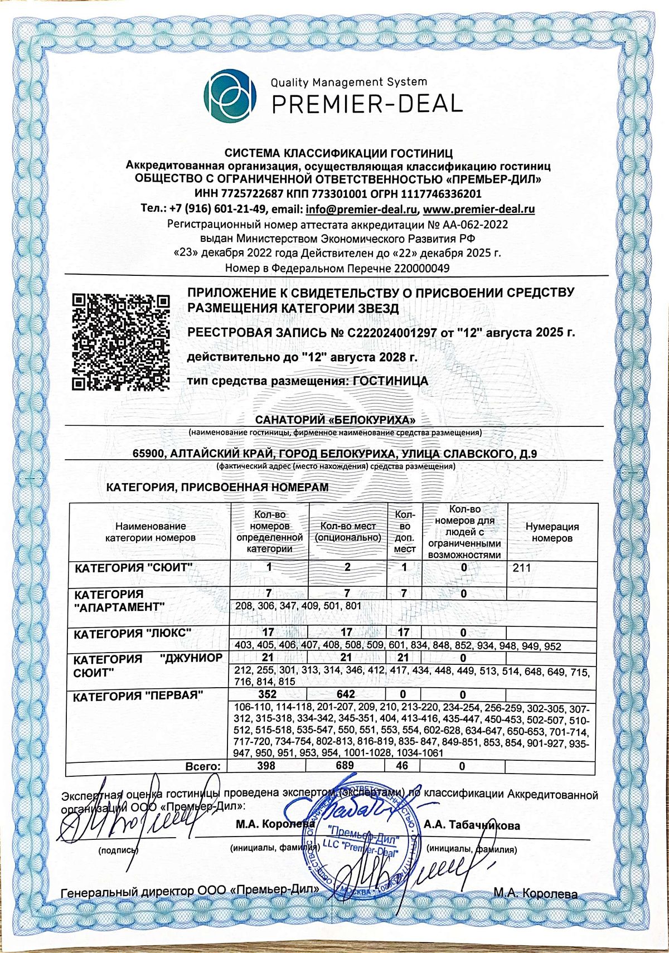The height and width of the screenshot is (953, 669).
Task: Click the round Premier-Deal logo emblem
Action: click(x=230, y=95)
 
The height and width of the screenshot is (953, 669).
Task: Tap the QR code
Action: click(x=121, y=342)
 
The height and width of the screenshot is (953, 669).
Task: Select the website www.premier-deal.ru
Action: click(x=479, y=210)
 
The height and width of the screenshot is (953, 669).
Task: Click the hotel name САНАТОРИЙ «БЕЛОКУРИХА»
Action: click(x=336, y=419)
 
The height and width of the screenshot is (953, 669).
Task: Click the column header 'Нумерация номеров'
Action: click(x=552, y=532)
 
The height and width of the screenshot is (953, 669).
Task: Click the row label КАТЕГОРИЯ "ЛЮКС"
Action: click(x=133, y=634)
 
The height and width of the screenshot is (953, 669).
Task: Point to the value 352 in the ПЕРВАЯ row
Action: click(x=267, y=694)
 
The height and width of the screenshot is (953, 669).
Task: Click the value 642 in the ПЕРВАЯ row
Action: click(x=346, y=694)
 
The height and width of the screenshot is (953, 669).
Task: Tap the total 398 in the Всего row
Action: click(x=266, y=766)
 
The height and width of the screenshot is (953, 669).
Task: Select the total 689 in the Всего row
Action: click(x=345, y=766)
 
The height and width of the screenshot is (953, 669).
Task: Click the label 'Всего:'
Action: click(x=203, y=767)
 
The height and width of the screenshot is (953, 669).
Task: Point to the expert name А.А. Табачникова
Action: click(x=472, y=825)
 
